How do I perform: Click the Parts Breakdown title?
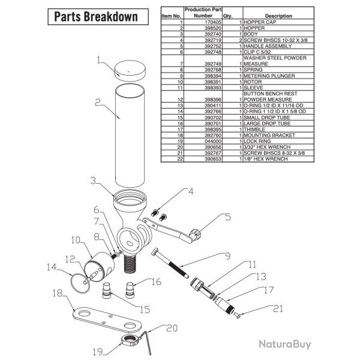96,17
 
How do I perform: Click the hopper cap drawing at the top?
130,70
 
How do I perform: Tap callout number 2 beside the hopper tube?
98,103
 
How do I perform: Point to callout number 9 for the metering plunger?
227,256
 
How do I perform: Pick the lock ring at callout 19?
130,341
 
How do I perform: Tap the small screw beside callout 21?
237,315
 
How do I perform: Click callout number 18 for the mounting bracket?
58,293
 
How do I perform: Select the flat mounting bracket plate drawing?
107,319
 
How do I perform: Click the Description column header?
278,16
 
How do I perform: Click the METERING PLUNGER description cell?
269,76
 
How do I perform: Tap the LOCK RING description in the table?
257,141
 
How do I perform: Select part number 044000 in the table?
213,141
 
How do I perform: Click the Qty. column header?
227,16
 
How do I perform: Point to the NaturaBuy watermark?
285,344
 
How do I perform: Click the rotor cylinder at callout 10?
100,267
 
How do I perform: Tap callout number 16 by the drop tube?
156,282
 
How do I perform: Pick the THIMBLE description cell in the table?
254,129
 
